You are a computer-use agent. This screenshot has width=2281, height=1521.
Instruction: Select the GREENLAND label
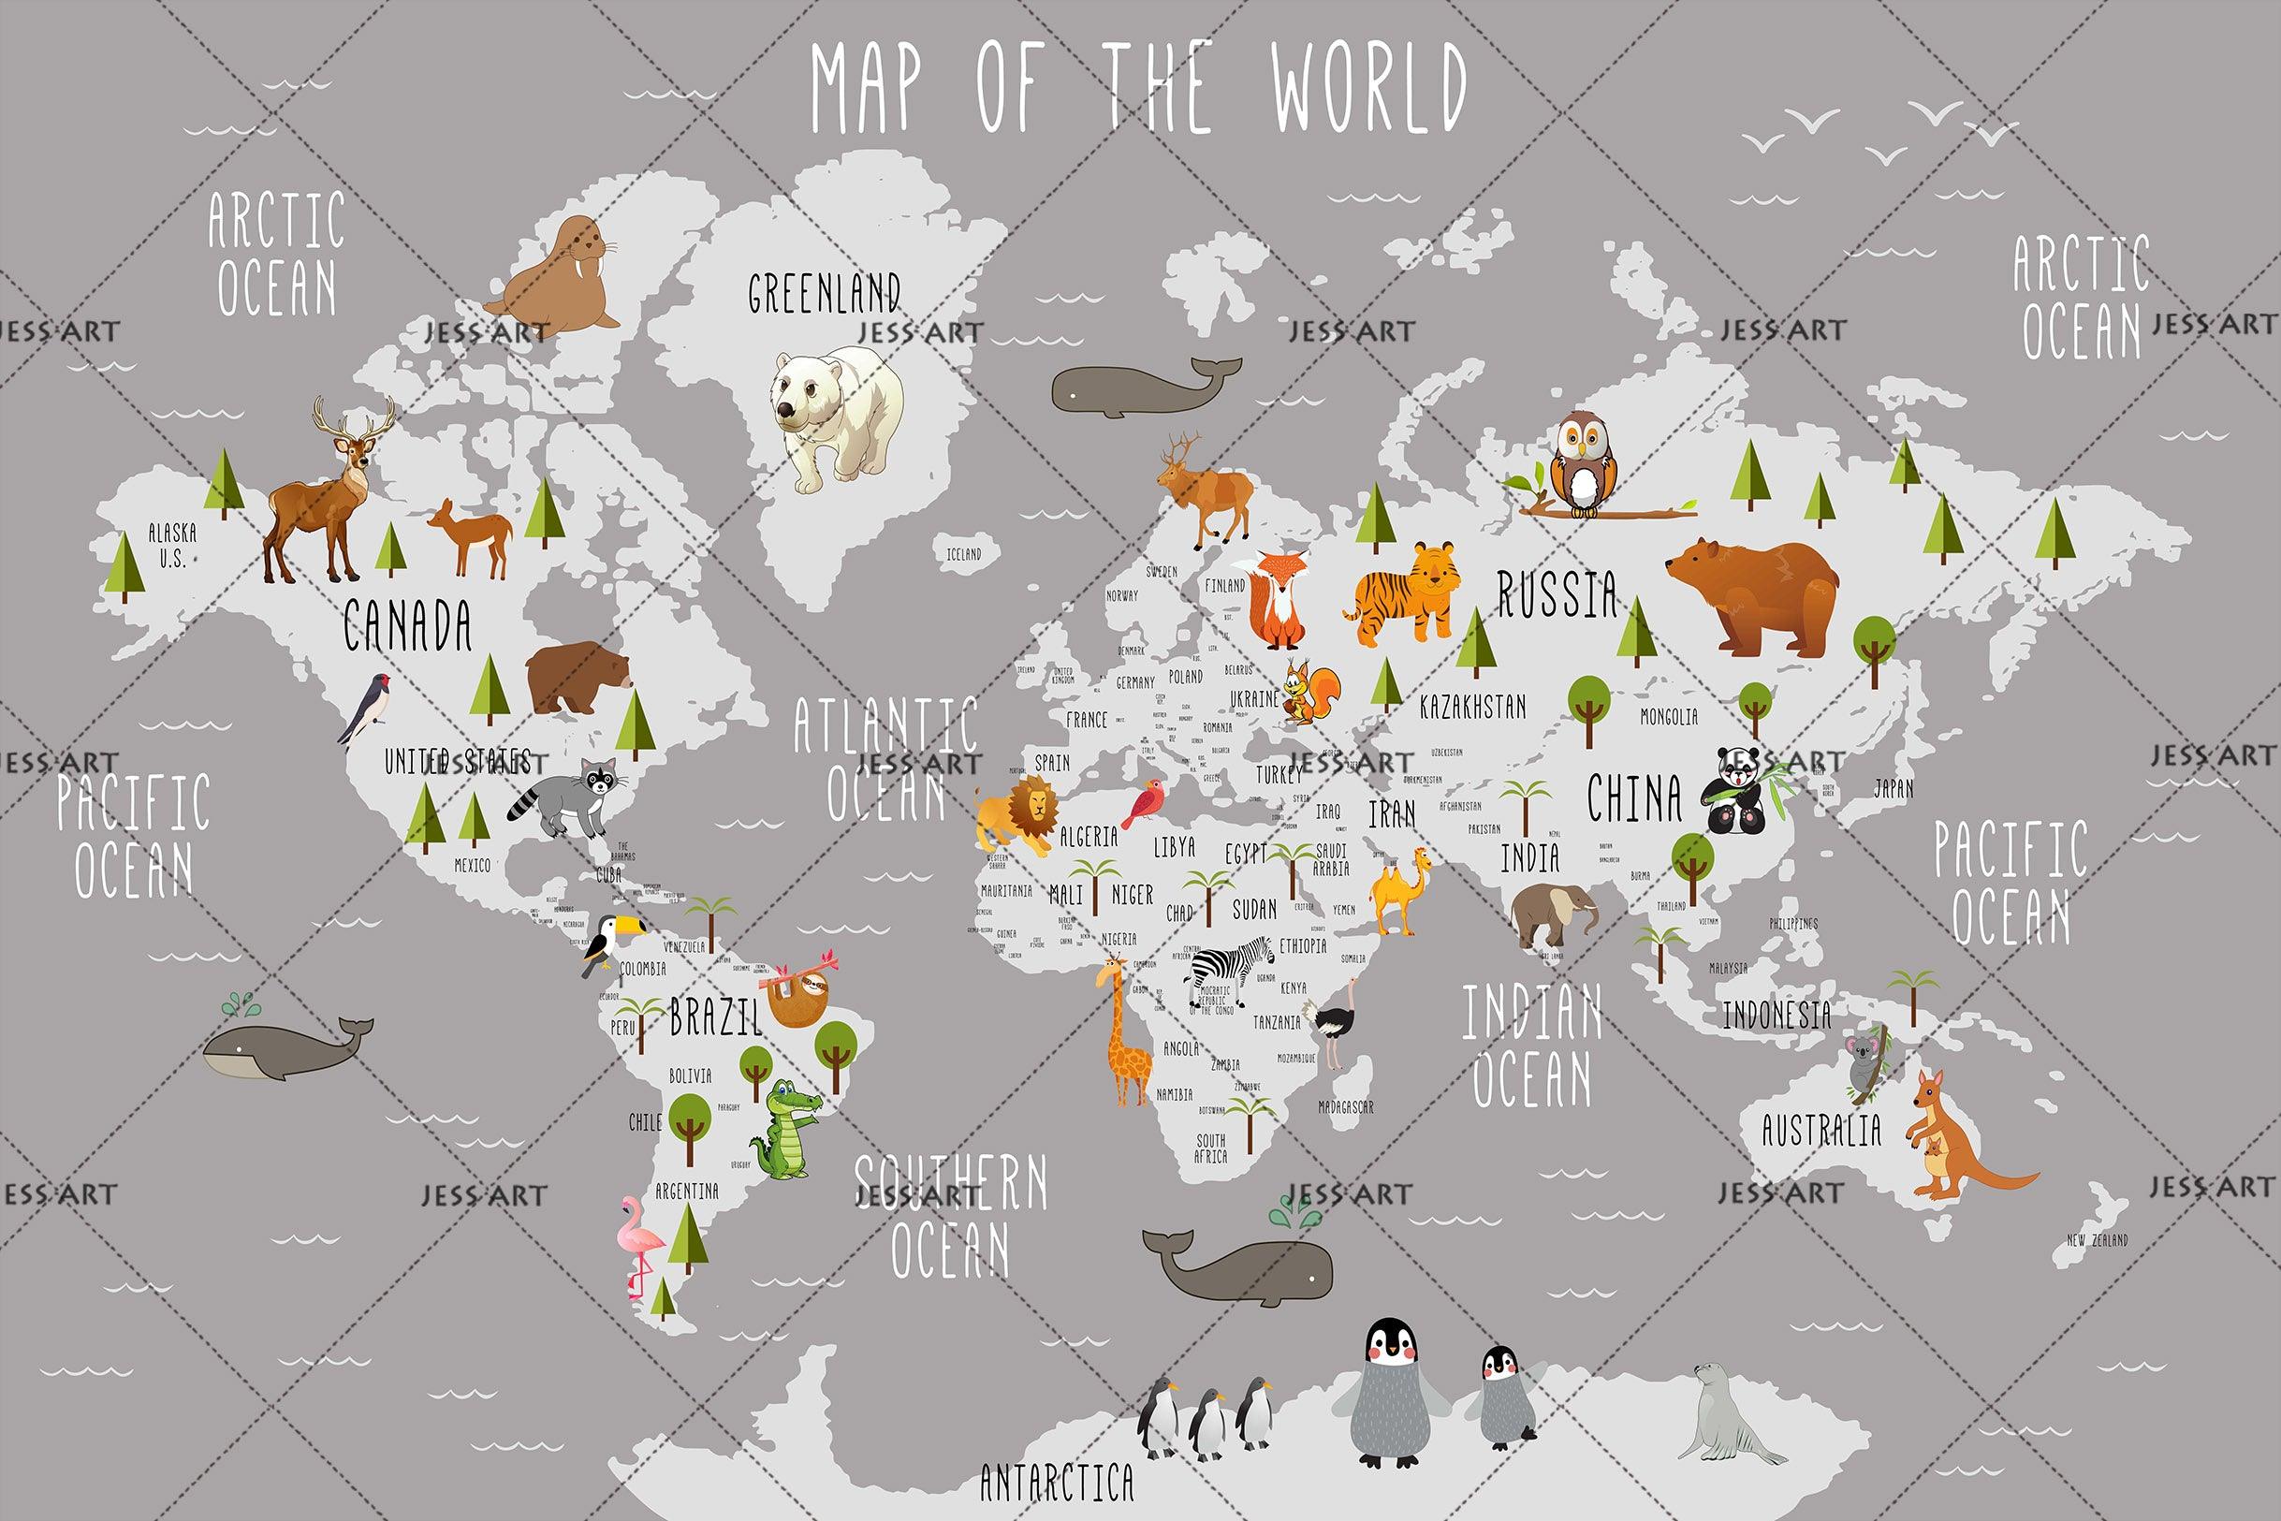click(825, 293)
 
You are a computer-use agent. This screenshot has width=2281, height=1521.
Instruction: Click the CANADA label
click(407, 625)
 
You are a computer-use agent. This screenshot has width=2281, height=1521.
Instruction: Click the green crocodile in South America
click(785, 1130)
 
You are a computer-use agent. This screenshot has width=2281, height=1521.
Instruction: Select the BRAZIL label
click(716, 1016)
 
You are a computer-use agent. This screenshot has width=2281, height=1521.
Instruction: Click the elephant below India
click(1552, 914)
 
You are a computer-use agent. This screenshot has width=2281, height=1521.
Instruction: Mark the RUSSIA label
click(1557, 593)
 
